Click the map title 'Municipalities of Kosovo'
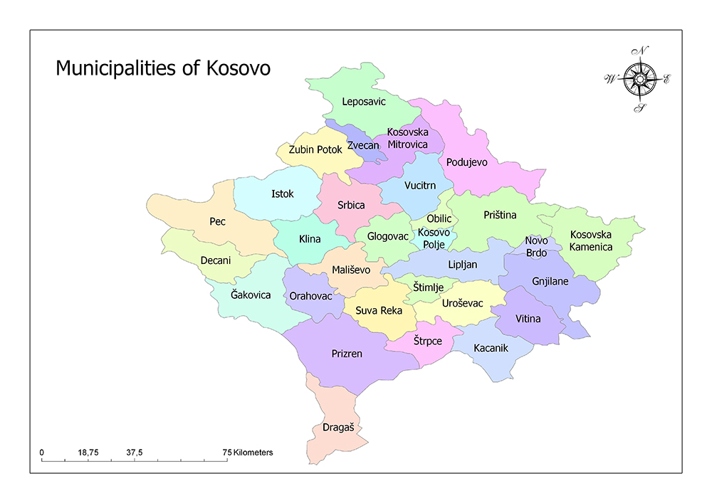pyautogui.click(x=163, y=68)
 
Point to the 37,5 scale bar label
pyautogui.click(x=135, y=452)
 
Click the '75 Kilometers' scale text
pyautogui.click(x=248, y=452)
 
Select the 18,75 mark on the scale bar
pyautogui.click(x=88, y=452)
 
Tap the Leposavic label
pyautogui.click(x=363, y=102)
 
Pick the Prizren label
pyautogui.click(x=347, y=353)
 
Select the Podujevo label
pyautogui.click(x=466, y=162)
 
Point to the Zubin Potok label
pyautogui.click(x=315, y=150)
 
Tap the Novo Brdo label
pyautogui.click(x=537, y=246)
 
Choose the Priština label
pyautogui.click(x=500, y=215)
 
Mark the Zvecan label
pyautogui.click(x=363, y=145)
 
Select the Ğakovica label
pyautogui.click(x=251, y=295)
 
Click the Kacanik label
pyautogui.click(x=491, y=349)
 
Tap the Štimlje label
pyautogui.click(x=429, y=287)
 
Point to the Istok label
pyautogui.click(x=282, y=194)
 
